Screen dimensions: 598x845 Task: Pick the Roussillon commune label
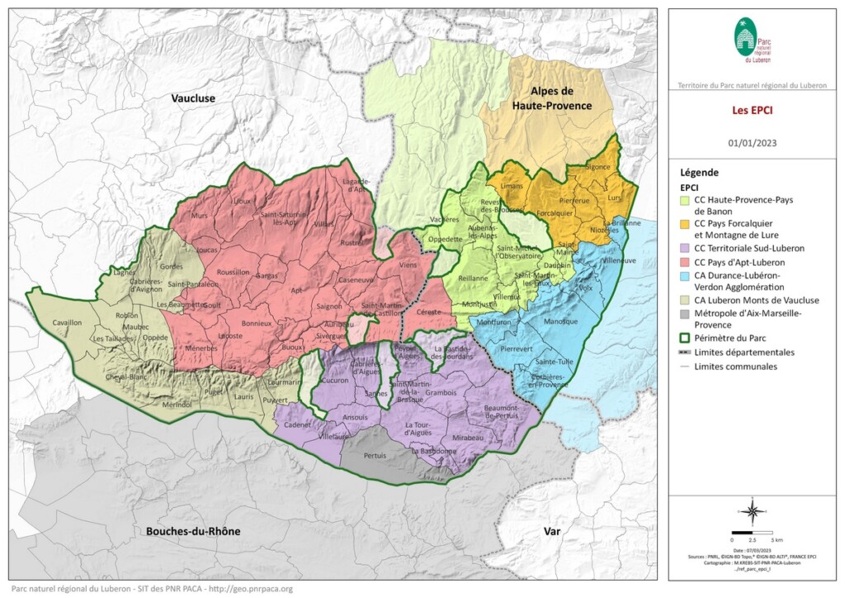click(238, 270)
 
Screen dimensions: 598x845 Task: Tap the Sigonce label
click(597, 167)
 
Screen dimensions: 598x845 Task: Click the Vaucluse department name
click(193, 98)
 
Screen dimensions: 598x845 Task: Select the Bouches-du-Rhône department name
click(193, 531)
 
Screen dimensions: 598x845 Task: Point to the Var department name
click(551, 532)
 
